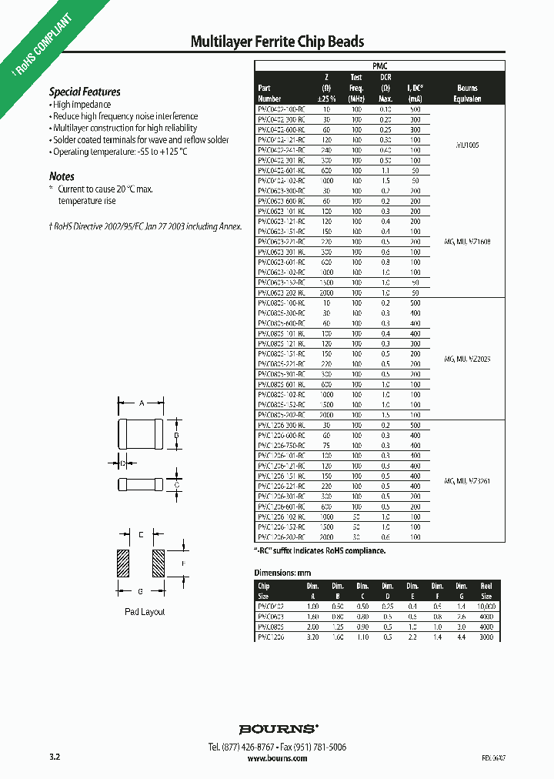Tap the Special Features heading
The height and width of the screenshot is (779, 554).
[85, 92]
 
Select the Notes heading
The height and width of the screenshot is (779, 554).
[62, 176]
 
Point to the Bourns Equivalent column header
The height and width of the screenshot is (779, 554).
[466, 93]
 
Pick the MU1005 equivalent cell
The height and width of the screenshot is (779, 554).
[467, 144]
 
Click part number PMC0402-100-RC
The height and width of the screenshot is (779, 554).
[282, 111]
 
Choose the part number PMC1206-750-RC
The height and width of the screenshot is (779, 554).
[282, 446]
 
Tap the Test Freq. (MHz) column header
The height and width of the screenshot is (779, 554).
[356, 88]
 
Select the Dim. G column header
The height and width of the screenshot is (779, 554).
[461, 590]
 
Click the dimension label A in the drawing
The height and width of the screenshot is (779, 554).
[141, 403]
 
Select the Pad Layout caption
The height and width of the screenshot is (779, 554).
[145, 612]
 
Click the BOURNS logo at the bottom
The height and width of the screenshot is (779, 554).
[277, 728]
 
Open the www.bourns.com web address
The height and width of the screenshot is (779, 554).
[277, 758]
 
